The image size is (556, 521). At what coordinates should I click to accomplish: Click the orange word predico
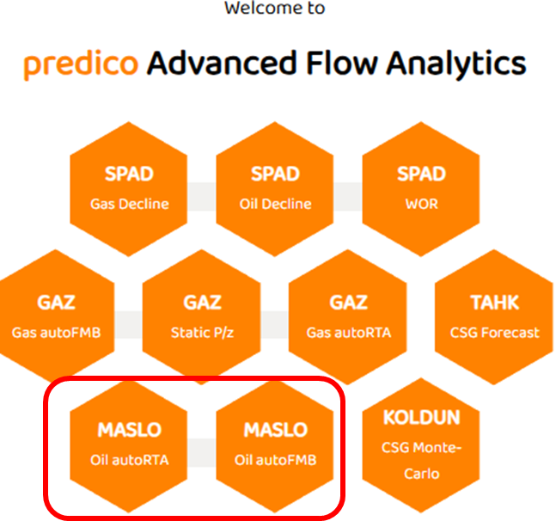click(x=81, y=64)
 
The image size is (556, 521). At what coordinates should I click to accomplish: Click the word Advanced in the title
click(x=222, y=63)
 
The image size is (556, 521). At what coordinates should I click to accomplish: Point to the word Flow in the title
click(x=342, y=63)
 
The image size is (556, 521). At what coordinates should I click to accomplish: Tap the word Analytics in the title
click(x=456, y=64)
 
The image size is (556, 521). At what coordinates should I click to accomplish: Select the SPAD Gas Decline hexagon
click(x=129, y=189)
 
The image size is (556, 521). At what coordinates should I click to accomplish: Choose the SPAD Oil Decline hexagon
click(x=275, y=189)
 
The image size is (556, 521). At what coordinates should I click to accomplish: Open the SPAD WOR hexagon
click(x=421, y=189)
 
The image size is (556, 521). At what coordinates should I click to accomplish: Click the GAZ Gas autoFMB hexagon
click(x=56, y=317)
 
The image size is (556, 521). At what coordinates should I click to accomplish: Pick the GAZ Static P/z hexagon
click(x=202, y=317)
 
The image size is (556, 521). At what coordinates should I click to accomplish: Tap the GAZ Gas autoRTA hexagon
click(x=348, y=317)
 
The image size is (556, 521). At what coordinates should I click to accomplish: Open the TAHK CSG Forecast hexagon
click(x=494, y=317)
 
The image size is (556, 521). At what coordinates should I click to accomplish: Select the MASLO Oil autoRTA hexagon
click(x=129, y=445)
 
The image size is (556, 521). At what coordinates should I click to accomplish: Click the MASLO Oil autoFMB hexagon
click(x=275, y=445)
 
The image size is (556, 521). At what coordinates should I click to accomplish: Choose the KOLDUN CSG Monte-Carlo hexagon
click(x=421, y=445)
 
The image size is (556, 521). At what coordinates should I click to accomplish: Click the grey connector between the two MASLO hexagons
click(x=202, y=453)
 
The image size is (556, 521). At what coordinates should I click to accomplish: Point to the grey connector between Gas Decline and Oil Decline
click(x=202, y=197)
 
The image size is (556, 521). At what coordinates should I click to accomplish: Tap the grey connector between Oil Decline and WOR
click(x=348, y=197)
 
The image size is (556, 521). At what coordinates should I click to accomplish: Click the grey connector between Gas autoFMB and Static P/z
click(x=128, y=325)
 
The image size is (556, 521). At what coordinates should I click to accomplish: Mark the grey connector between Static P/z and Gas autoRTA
click(x=274, y=325)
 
